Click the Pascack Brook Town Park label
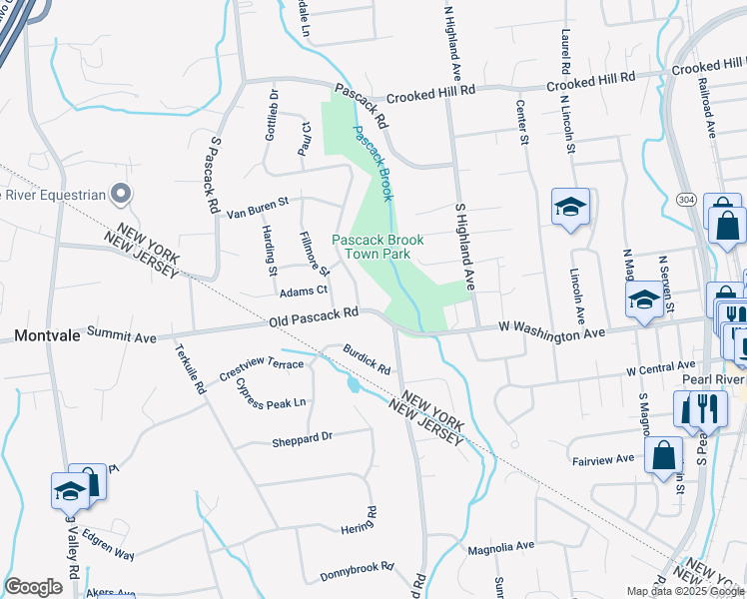click(377, 247)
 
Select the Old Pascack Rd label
click(314, 318)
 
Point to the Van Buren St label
click(257, 207)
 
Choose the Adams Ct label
click(304, 292)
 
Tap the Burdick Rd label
click(366, 358)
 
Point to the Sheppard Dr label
click(302, 437)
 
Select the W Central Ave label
click(660, 368)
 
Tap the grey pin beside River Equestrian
click(121, 193)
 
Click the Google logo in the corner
click(33, 587)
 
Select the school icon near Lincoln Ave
click(570, 207)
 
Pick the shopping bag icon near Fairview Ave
click(663, 457)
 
